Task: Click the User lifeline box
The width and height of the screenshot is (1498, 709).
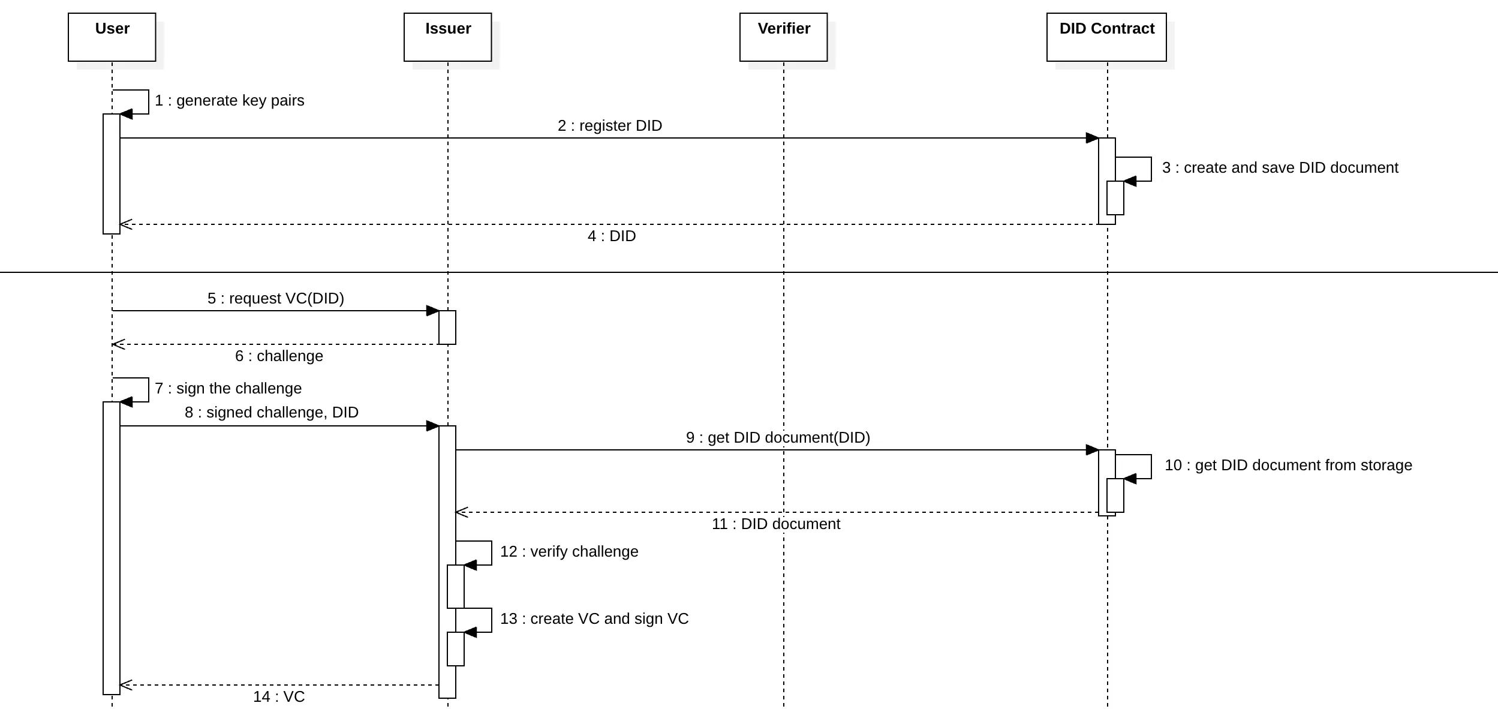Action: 112,37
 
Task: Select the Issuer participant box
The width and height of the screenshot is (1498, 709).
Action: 448,37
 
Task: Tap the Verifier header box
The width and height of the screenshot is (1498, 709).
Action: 784,37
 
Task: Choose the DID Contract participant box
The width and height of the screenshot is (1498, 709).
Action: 1106,37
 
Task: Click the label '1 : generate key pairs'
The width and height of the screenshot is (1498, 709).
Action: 230,101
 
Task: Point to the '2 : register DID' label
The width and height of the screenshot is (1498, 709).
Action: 610,126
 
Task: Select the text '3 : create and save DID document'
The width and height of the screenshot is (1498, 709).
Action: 1280,168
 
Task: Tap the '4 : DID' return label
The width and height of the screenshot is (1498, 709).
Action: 612,236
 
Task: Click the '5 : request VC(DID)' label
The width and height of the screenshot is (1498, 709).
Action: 276,299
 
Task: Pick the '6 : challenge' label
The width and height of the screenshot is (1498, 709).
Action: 279,356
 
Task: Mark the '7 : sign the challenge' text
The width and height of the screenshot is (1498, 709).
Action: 228,389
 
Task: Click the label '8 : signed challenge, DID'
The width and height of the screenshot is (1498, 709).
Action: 272,413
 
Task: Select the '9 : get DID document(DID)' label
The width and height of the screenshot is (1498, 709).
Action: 778,438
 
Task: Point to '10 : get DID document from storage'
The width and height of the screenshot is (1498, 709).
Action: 1288,465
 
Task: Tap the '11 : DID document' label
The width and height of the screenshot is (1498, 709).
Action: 776,524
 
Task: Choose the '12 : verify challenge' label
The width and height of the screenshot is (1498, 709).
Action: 569,552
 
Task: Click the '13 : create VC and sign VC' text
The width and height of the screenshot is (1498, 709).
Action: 594,619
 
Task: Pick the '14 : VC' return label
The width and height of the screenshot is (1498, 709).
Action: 279,697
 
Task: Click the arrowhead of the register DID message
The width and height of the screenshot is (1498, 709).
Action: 1092,138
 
